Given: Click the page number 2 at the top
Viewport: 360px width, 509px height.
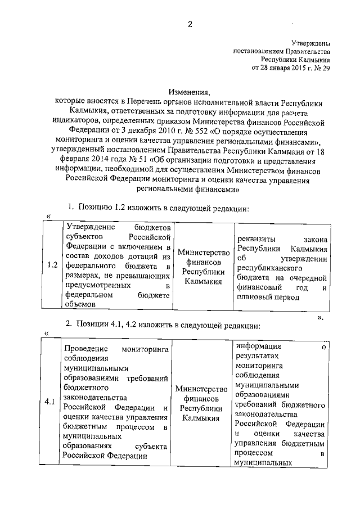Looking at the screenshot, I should tap(190, 24).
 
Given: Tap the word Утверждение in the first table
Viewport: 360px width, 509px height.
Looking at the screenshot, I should tap(90, 227).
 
